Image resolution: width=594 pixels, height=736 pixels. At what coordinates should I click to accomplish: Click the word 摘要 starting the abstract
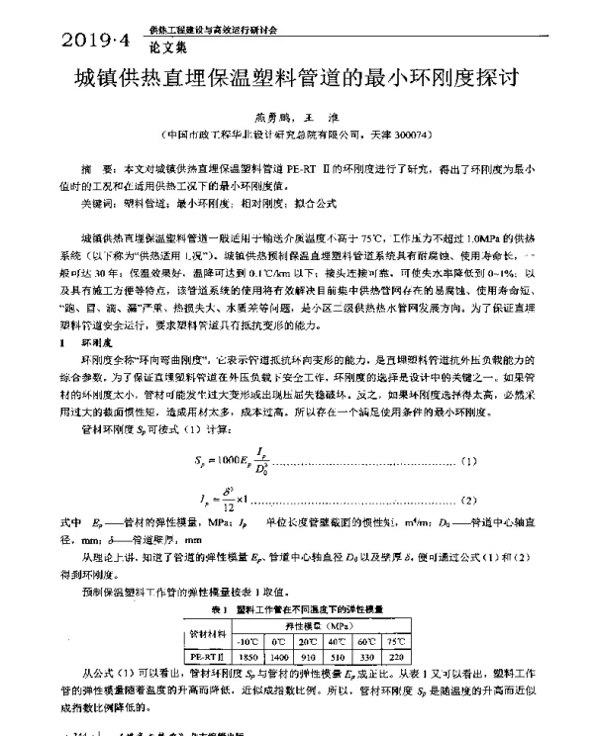pos(95,170)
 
